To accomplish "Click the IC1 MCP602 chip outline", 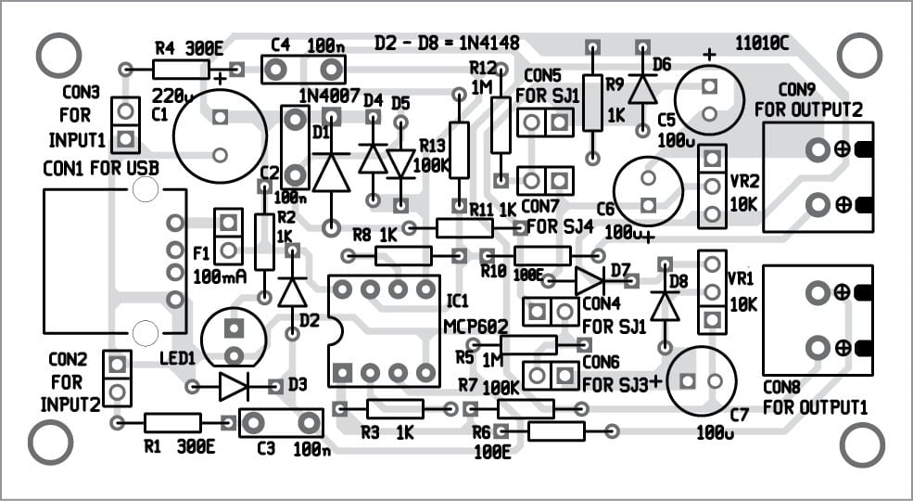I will [384, 331].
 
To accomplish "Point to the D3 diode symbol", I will [235, 387].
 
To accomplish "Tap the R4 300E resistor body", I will [181, 68].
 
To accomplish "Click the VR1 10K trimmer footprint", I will [711, 291].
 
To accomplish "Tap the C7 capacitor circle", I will [701, 381].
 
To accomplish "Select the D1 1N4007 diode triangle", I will [331, 172].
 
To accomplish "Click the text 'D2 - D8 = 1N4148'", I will [447, 43].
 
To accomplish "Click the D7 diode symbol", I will [589, 280].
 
